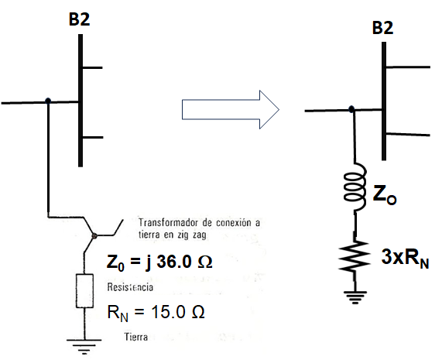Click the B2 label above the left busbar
[80, 19]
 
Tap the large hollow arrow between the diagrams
[230, 109]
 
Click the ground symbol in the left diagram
[81, 347]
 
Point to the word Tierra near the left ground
[137, 338]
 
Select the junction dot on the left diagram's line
[49, 101]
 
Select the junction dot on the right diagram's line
[352, 109]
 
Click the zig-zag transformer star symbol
[93, 232]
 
